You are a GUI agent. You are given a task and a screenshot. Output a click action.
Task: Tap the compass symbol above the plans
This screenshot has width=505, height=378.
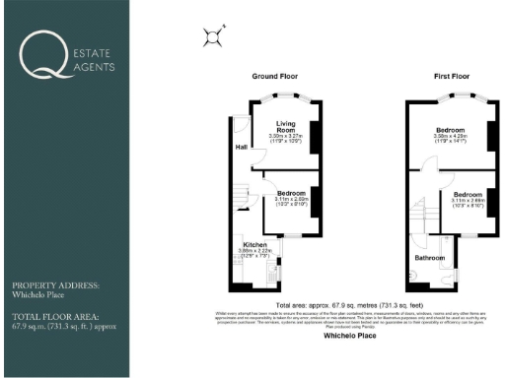tap(211, 37)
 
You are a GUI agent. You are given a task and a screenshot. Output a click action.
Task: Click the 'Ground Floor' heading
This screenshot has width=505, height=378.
tap(275, 76)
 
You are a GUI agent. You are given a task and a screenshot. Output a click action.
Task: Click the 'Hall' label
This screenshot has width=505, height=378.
tap(242, 148)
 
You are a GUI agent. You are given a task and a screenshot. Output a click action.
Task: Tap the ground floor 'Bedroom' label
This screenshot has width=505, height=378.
tap(291, 193)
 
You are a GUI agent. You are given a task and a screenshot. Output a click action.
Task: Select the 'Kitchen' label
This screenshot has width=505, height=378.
tap(256, 244)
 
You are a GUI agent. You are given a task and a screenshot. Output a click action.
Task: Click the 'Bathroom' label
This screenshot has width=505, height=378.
tap(429, 258)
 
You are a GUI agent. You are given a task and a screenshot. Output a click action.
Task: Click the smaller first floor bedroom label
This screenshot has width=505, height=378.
tap(468, 193)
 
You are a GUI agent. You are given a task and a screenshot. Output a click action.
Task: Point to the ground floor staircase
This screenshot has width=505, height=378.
tap(243, 197)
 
